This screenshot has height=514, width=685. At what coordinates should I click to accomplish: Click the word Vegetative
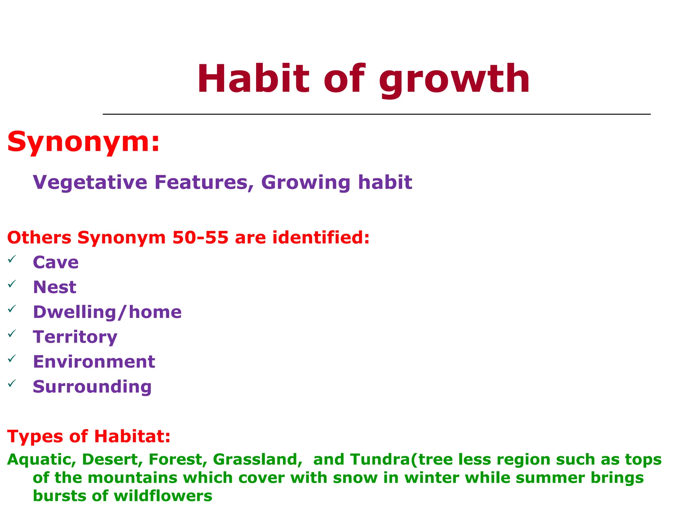pos(90,183)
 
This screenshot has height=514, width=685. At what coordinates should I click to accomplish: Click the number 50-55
pos(200,238)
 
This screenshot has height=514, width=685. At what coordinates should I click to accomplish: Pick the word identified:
pos(321,238)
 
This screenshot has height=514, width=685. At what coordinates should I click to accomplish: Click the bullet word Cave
pos(56,262)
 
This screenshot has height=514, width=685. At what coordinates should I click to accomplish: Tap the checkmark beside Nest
pos(12,284)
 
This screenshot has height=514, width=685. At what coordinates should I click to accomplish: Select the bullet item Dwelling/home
pos(107,312)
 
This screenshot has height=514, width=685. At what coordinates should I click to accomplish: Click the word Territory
pos(75,337)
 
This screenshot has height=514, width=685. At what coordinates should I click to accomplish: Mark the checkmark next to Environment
pos(12,359)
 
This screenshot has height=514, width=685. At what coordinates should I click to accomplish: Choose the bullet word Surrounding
pos(92,387)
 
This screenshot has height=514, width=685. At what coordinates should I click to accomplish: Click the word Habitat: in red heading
pos(132,437)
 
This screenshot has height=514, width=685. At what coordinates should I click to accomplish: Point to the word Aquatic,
pos(41,460)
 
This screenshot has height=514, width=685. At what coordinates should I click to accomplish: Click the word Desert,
pos(112,460)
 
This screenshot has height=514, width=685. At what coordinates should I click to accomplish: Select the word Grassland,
pos(258,460)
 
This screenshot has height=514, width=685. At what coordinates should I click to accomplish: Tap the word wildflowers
pos(163,496)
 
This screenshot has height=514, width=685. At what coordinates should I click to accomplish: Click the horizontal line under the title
pos(376,114)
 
